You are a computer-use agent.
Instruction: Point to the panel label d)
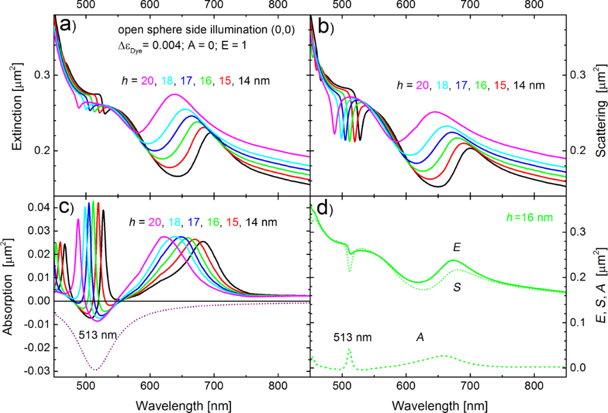click(321, 210)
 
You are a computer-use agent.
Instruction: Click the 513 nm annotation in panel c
click(97, 334)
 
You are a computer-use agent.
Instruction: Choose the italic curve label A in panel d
click(419, 337)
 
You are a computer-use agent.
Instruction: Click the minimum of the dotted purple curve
click(94, 370)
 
